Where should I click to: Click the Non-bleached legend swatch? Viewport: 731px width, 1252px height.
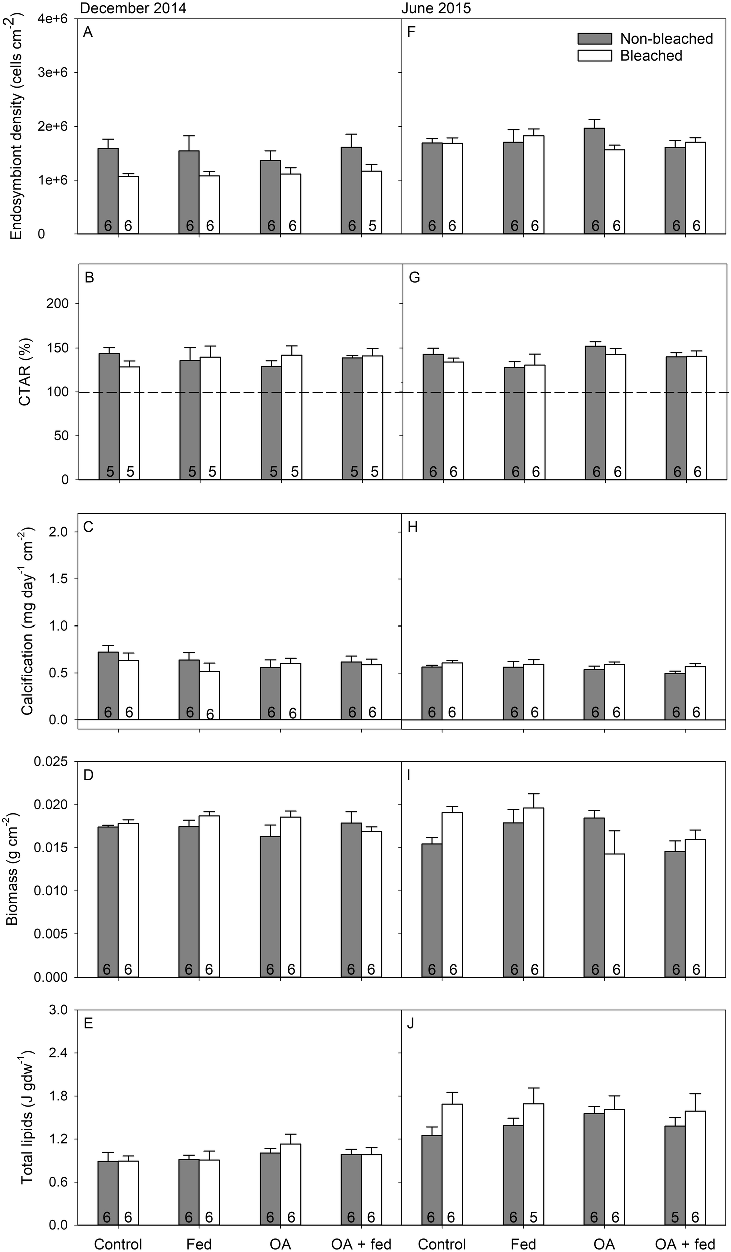pyautogui.click(x=594, y=39)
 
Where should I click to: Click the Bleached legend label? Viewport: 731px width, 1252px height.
pyautogui.click(x=651, y=55)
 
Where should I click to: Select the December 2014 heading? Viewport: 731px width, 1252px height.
pyautogui.click(x=133, y=9)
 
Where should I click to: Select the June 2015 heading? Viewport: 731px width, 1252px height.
pyautogui.click(x=436, y=9)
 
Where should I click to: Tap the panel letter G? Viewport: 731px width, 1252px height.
pyautogui.click(x=414, y=278)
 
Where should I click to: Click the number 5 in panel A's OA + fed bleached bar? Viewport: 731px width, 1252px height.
pyautogui.click(x=372, y=226)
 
